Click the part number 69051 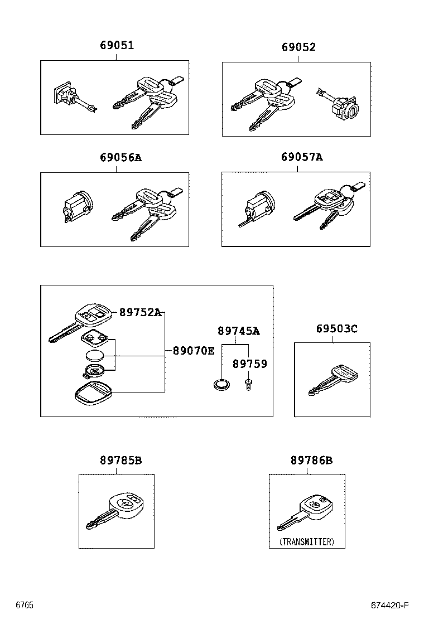[x=117, y=46]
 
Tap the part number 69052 [x=298, y=47]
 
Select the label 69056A [x=121, y=158]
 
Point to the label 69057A [x=302, y=157]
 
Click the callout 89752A [x=140, y=313]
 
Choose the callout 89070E [x=193, y=351]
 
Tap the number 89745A [x=238, y=331]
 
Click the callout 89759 [x=249, y=364]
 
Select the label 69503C [x=337, y=329]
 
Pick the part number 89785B [x=121, y=461]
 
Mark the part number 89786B [x=311, y=461]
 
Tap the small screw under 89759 [x=248, y=385]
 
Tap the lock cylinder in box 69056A [x=77, y=205]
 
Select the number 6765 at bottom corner [x=24, y=606]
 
